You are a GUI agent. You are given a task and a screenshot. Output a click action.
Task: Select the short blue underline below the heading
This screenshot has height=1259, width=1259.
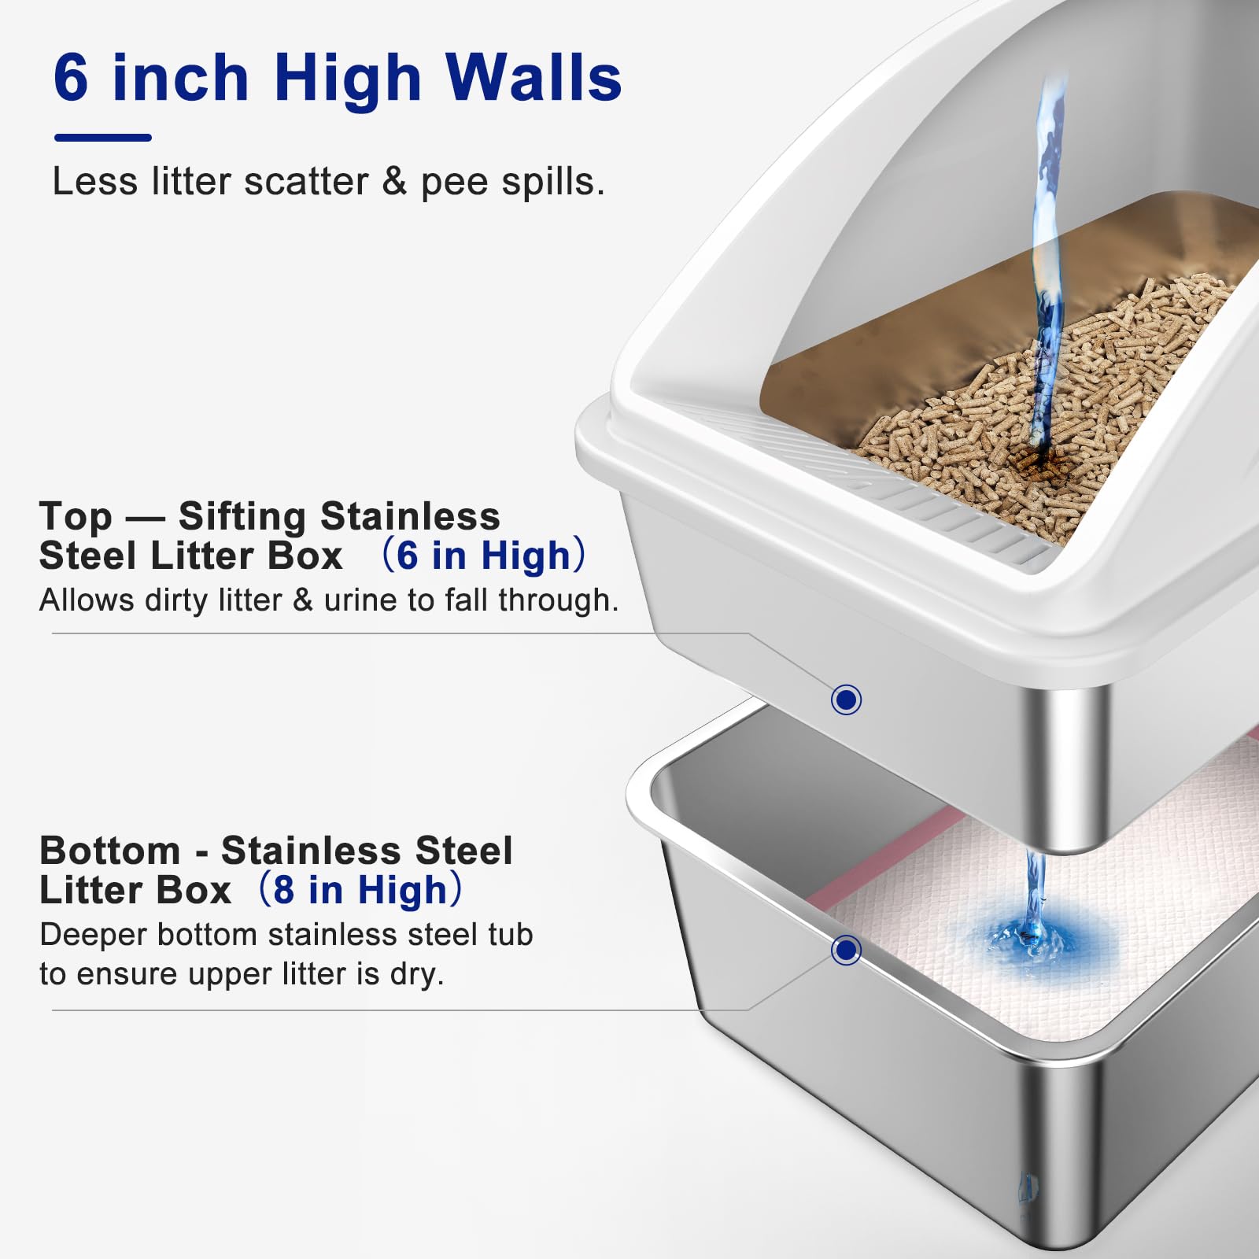[x=102, y=138]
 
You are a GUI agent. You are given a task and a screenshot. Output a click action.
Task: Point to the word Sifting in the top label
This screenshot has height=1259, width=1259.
[x=242, y=516]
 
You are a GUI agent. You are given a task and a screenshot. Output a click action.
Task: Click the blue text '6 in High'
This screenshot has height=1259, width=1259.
[x=483, y=556]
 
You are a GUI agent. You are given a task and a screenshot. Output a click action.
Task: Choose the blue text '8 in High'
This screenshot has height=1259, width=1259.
[x=360, y=890]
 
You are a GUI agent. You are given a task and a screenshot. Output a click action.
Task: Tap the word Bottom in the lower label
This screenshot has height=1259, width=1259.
[x=110, y=851]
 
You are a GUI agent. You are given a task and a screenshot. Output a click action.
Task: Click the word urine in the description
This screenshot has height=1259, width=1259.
[x=362, y=600]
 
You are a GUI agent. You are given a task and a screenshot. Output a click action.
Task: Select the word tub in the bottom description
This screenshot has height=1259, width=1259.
[x=508, y=935]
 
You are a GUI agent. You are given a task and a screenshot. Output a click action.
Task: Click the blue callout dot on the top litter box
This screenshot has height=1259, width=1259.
[x=846, y=699]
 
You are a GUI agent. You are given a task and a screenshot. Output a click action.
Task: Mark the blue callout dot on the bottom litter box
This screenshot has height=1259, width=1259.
[x=846, y=950]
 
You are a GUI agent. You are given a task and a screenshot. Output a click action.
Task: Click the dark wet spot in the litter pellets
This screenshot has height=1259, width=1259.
[x=1031, y=461]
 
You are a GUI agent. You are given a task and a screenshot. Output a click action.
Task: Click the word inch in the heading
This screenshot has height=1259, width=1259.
[x=180, y=78]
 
